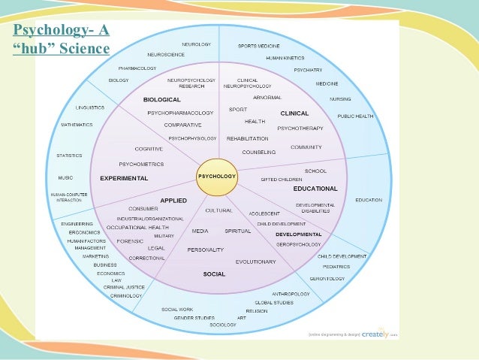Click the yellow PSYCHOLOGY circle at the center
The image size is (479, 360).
pos(216,177)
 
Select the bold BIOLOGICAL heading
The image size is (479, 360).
pos(162,99)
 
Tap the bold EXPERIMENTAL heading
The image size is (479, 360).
pos(124,178)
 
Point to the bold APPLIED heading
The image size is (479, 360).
pos(173,200)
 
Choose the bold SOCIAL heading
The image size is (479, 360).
pos(214,274)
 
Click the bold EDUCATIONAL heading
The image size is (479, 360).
pos(315,188)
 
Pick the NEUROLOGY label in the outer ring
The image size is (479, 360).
pos(197,44)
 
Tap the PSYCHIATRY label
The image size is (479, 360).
pos(309,69)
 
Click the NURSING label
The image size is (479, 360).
pos(340,99)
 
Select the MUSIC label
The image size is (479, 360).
pos(65,177)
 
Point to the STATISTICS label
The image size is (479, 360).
pos(69,156)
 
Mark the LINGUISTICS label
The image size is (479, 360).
pos(89,107)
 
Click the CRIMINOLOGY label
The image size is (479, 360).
pos(126,295)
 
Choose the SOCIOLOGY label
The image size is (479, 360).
pos(223,325)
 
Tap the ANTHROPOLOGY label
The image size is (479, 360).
pos(291,293)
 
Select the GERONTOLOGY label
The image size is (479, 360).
pos(327,278)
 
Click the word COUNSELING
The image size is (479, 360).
pos(259,152)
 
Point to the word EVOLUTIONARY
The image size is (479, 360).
pos(255,262)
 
